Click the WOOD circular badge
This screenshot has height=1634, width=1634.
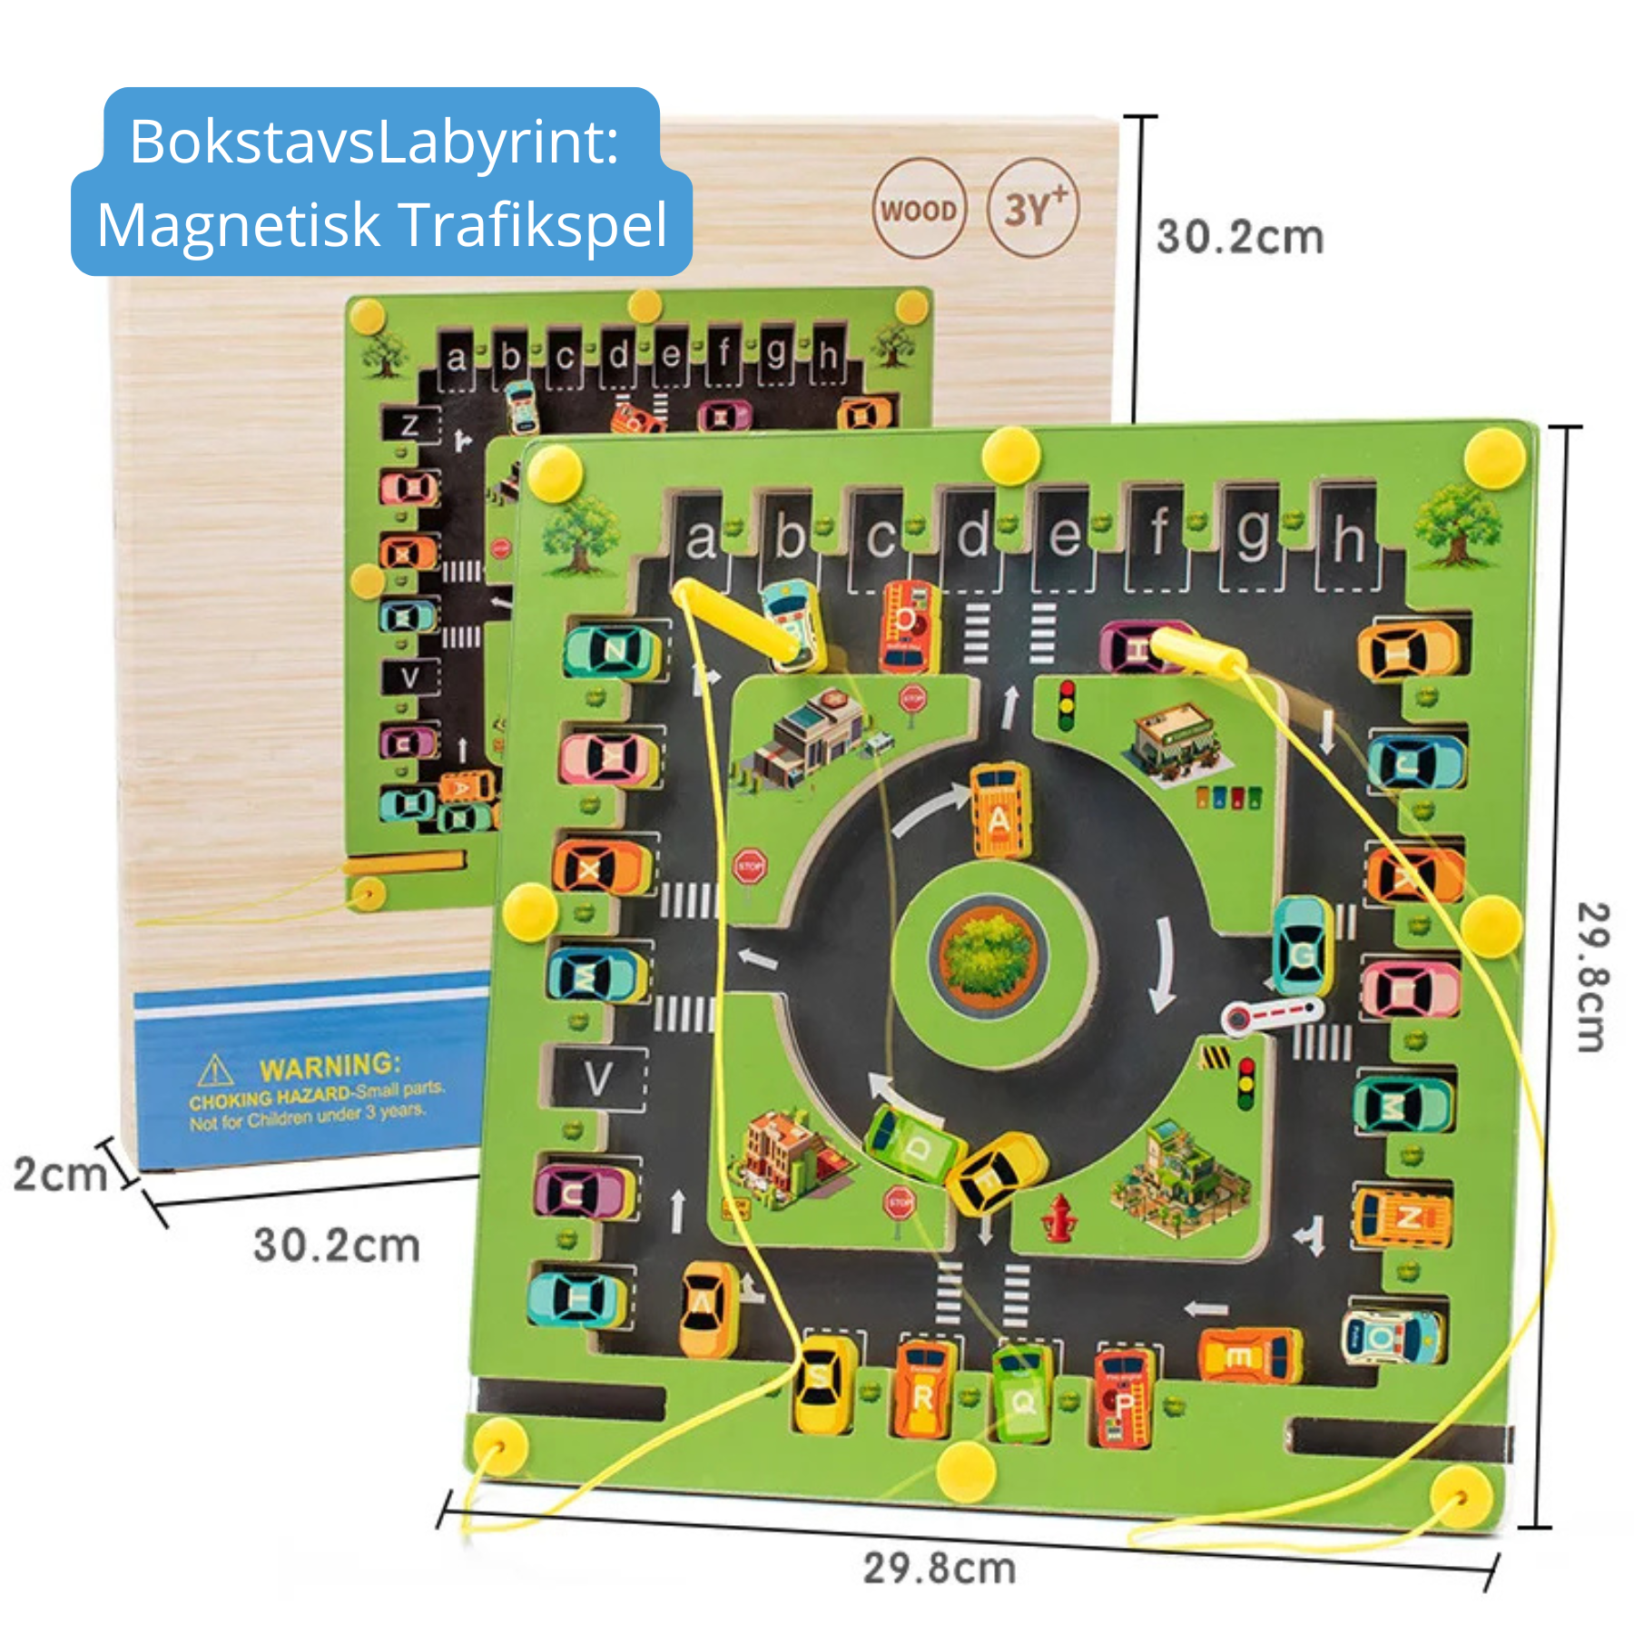pyautogui.click(x=919, y=210)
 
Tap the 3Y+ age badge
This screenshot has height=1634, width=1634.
pyautogui.click(x=1033, y=208)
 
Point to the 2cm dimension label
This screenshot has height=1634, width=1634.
pyautogui.click(x=60, y=1174)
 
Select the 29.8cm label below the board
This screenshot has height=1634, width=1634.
pyautogui.click(x=939, y=1568)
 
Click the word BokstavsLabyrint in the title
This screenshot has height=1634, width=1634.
pyautogui.click(x=373, y=142)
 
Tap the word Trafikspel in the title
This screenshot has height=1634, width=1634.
pyautogui.click(x=533, y=225)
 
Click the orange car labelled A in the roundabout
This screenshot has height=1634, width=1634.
pyautogui.click(x=999, y=811)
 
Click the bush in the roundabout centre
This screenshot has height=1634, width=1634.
pyautogui.click(x=989, y=955)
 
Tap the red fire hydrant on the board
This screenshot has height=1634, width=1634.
pyautogui.click(x=1058, y=1217)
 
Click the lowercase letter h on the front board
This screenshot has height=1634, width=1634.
pyautogui.click(x=1348, y=539)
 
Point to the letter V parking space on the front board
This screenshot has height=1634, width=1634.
pyautogui.click(x=597, y=1079)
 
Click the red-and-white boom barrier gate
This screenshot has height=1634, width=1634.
pyautogui.click(x=1271, y=1013)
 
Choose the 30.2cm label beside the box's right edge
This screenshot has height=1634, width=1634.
pyautogui.click(x=1239, y=238)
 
